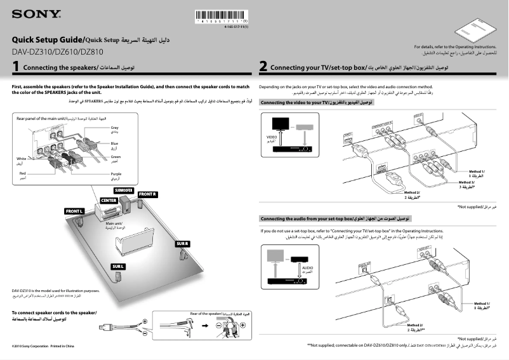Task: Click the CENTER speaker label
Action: tap(109, 200)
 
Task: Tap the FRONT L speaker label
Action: tap(75, 210)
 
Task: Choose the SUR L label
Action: tap(119, 265)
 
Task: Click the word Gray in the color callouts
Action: tap(115, 128)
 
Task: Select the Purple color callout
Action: tap(116, 173)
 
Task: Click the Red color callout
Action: tap(23, 173)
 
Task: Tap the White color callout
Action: tap(22, 158)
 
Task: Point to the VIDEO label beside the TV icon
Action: tap(271, 137)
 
